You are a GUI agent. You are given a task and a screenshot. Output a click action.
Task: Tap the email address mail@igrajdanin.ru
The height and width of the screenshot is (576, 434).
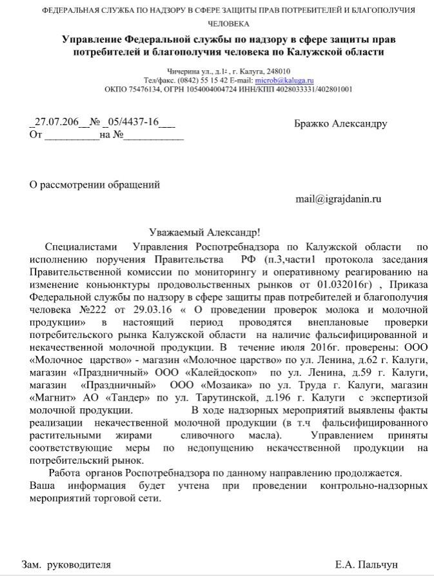click(x=338, y=199)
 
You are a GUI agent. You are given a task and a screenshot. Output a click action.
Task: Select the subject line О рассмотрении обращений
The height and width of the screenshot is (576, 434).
click(x=95, y=184)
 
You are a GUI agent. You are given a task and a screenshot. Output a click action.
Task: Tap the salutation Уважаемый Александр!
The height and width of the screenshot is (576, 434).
click(x=204, y=232)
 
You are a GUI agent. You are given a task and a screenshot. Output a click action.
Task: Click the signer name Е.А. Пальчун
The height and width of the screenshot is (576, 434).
click(x=366, y=564)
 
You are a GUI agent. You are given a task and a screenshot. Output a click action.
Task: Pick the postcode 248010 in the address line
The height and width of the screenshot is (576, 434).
click(x=277, y=72)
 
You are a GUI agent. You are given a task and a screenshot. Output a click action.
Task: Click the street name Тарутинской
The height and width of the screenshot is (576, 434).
click(x=222, y=398)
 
